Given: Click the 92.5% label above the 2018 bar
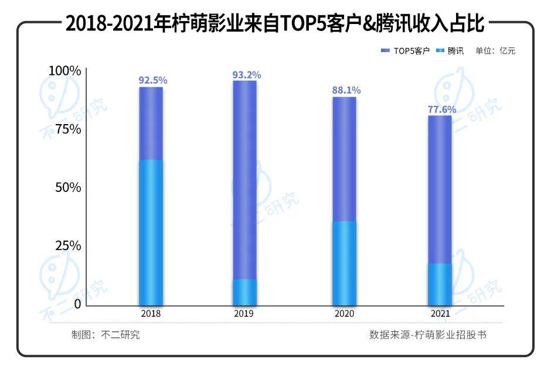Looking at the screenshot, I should pyautogui.click(x=151, y=80).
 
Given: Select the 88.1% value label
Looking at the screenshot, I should pyautogui.click(x=346, y=90).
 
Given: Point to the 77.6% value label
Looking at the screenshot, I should pyautogui.click(x=441, y=109).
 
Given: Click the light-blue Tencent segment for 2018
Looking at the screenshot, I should pyautogui.click(x=151, y=232).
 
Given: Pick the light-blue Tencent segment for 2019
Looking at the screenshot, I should pyautogui.click(x=245, y=292).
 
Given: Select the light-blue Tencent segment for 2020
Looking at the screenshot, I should pyautogui.click(x=345, y=263).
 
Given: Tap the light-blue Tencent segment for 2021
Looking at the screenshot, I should pyautogui.click(x=440, y=284).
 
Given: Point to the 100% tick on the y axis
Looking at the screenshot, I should pyautogui.click(x=64, y=71).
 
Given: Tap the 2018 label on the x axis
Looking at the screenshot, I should pyautogui.click(x=151, y=314).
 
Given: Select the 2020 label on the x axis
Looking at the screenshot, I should pyautogui.click(x=345, y=314).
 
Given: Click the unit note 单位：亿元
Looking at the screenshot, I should pyautogui.click(x=495, y=51).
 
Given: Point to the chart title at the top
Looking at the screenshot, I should pyautogui.click(x=275, y=24).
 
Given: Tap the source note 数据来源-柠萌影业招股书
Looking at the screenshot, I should pyautogui.click(x=428, y=335).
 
